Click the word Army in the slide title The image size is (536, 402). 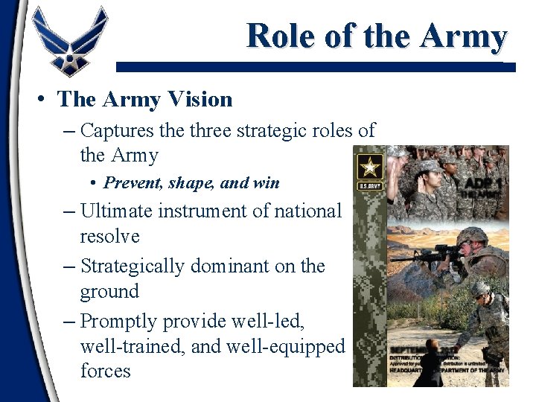[465, 36]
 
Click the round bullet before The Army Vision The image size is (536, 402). [44, 99]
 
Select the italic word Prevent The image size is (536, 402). [130, 182]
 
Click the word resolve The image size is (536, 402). [109, 237]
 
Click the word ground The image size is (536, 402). [109, 291]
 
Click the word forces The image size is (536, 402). [105, 371]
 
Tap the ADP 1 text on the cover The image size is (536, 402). [485, 185]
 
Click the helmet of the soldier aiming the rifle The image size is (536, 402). [471, 237]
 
